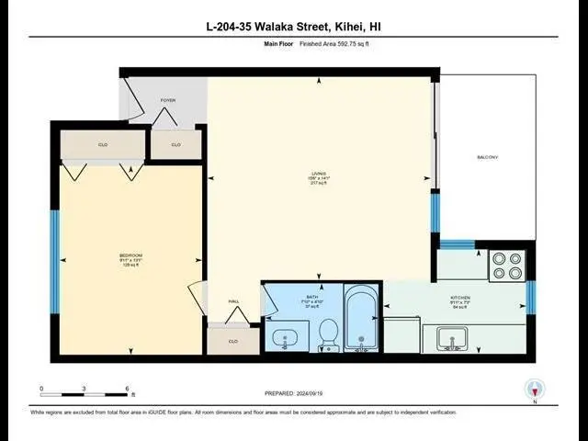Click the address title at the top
click(293, 28)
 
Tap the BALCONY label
click(487, 157)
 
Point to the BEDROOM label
click(130, 254)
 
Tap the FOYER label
click(168, 100)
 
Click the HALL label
click(233, 300)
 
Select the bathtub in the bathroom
click(361, 319)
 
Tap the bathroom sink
click(286, 338)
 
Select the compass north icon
click(534, 390)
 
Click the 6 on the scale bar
click(127, 389)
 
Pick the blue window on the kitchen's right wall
click(531, 297)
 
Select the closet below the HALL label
click(233, 341)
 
